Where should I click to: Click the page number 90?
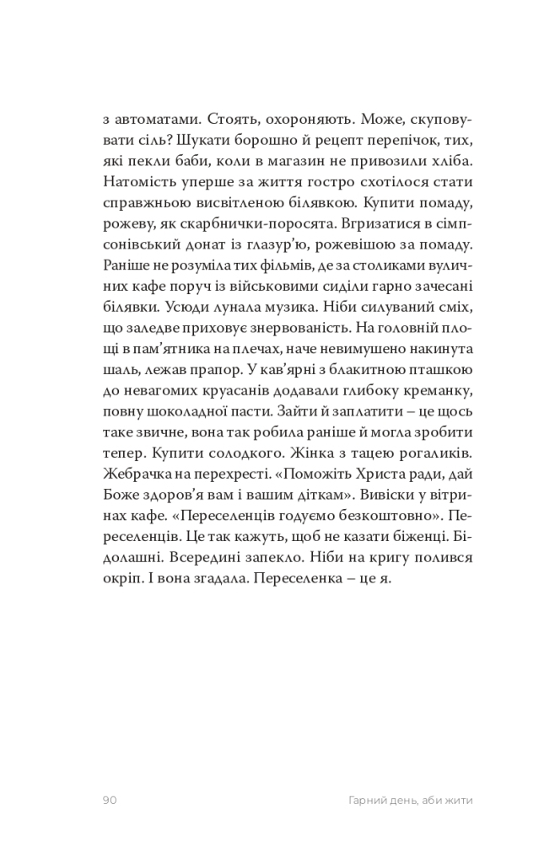[109, 800]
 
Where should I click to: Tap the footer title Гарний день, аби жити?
[399, 800]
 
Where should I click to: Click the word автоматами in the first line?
[156, 120]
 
